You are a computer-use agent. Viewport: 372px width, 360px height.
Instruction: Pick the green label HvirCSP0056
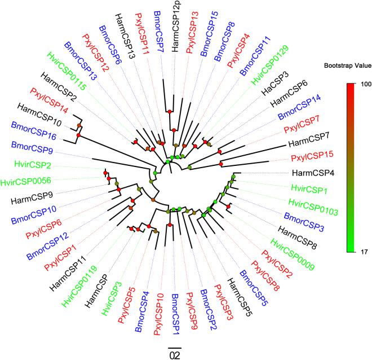pyautogui.click(x=27, y=182)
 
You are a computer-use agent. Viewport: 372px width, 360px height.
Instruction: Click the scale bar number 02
pyautogui.click(x=175, y=354)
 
